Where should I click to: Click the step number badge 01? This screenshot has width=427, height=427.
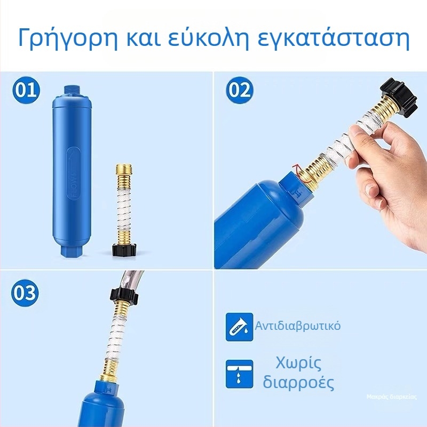26,90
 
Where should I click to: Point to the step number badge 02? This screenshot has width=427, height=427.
240,90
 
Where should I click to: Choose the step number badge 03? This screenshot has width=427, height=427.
26,292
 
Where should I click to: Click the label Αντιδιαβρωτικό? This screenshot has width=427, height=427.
298,326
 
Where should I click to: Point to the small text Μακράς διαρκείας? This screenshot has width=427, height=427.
392,397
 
